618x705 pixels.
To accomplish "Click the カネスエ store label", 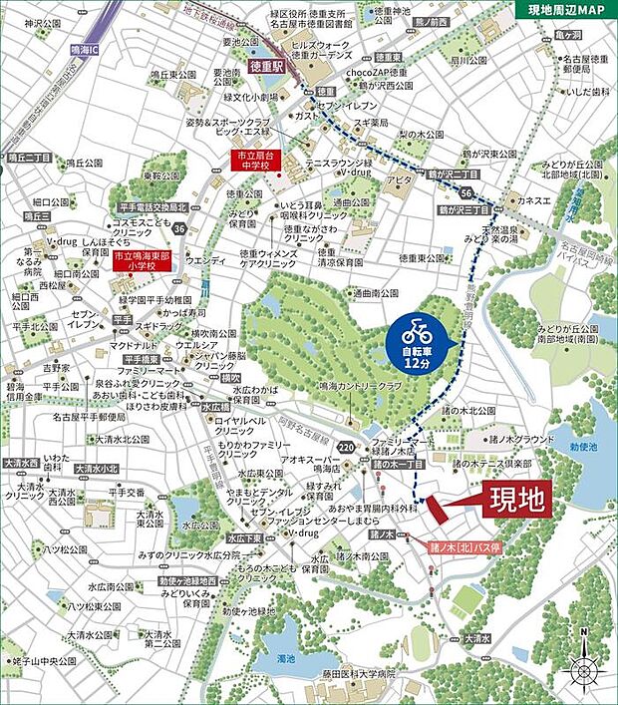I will [x=534, y=199].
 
